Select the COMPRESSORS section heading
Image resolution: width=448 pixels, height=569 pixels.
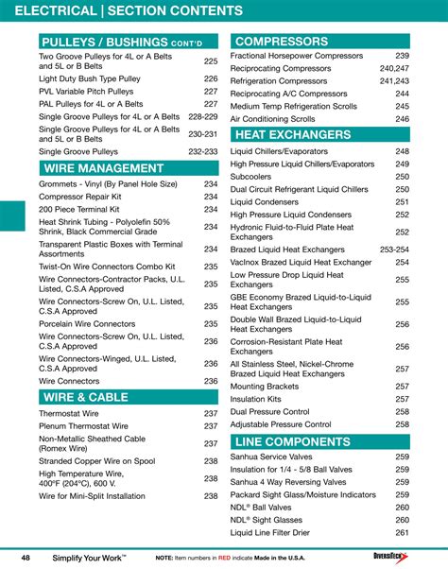[x=281, y=42]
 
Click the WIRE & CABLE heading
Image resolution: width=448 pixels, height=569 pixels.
[x=85, y=398]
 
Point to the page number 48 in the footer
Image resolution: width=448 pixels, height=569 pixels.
[x=26, y=558]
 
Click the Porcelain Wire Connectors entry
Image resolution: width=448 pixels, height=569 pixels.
[x=87, y=323]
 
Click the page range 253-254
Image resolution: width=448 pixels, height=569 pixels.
[x=394, y=249]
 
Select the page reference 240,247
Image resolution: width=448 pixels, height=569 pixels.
[x=394, y=69]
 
